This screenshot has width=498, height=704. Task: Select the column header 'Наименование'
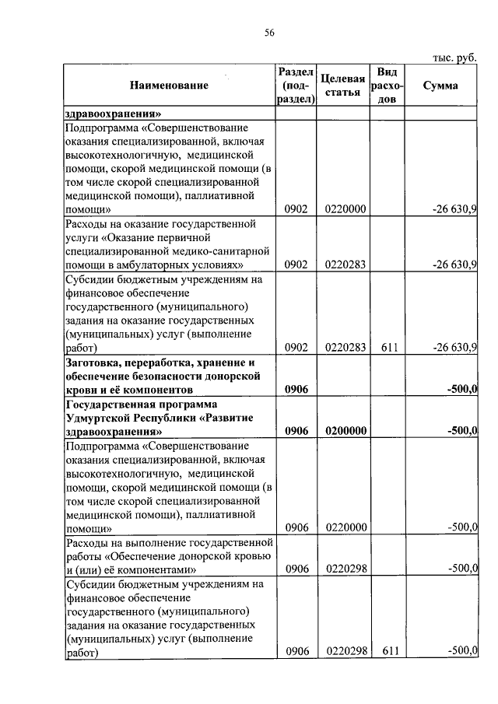(169, 86)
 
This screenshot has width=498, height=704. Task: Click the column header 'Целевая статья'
(343, 86)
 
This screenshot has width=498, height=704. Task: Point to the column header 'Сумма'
(440, 86)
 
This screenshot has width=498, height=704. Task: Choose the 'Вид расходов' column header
(385, 86)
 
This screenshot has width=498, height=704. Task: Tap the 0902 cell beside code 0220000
(296, 209)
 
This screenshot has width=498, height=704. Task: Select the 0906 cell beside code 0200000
(297, 430)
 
